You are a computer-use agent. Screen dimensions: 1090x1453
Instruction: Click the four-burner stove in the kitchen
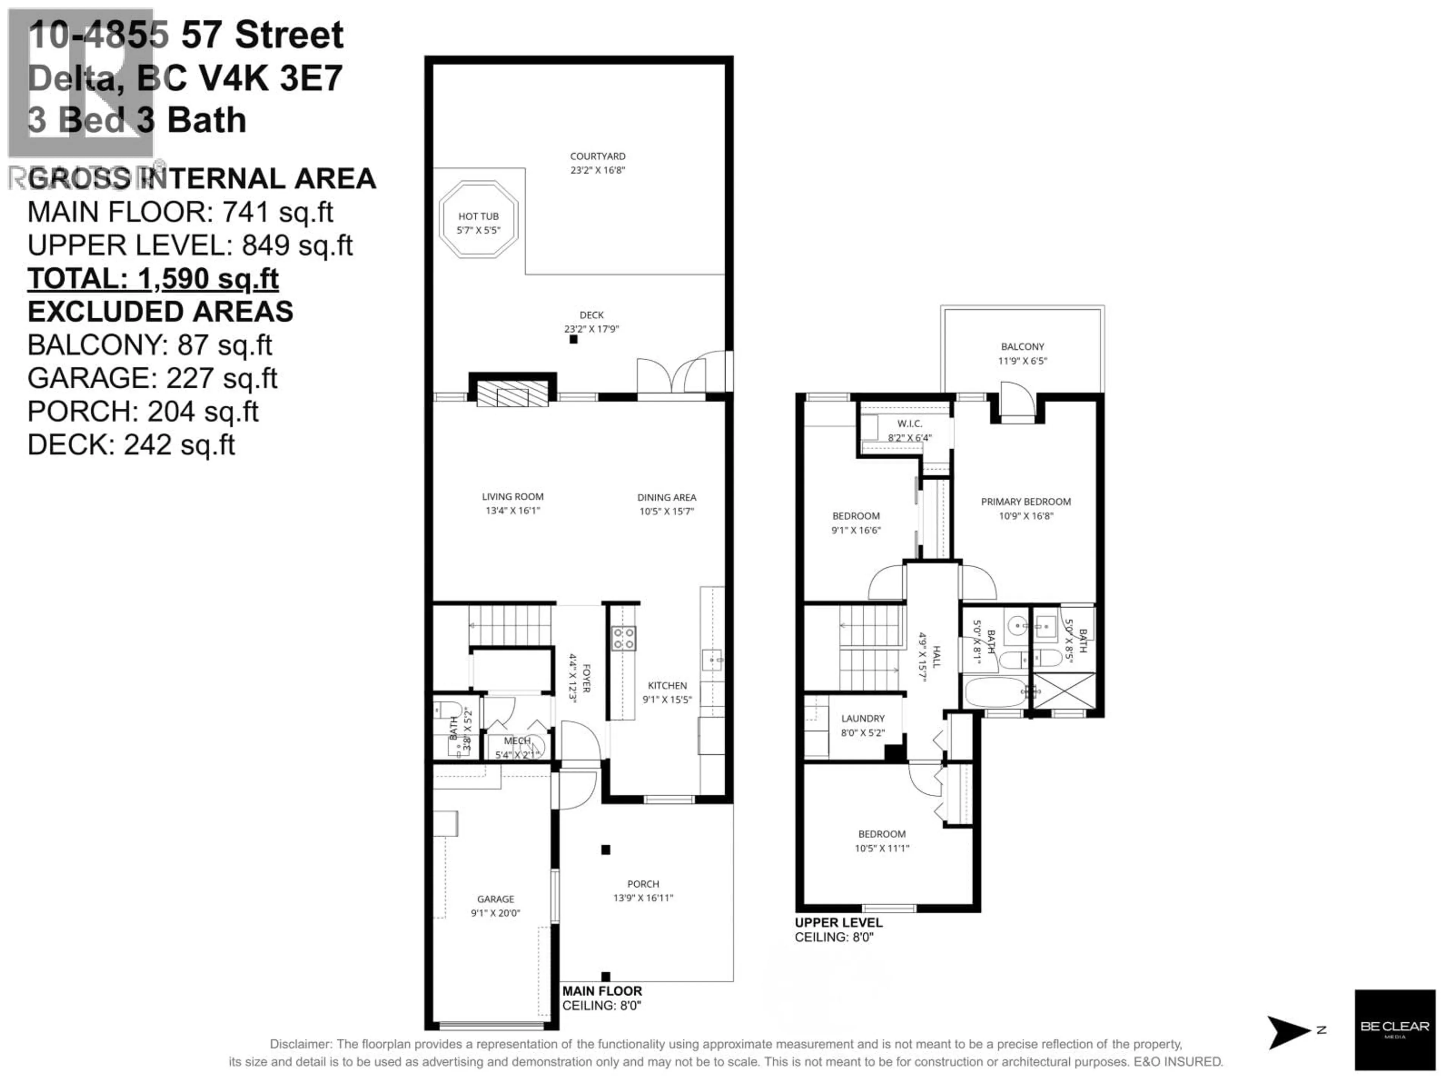click(x=623, y=638)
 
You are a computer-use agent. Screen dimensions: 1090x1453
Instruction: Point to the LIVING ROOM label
click(x=512, y=497)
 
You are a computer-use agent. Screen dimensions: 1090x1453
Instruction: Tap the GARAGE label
click(x=495, y=899)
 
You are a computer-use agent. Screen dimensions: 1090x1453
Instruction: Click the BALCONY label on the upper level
click(x=1022, y=346)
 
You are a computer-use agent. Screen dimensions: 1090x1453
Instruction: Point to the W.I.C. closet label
click(x=909, y=424)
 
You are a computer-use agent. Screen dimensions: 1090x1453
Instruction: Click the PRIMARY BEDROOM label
click(x=1025, y=501)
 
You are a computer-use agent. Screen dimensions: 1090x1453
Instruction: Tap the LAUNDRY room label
click(x=862, y=718)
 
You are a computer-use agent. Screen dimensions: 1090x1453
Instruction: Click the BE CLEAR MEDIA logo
click(x=1394, y=1029)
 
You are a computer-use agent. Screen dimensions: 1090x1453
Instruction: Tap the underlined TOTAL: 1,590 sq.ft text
click(x=152, y=279)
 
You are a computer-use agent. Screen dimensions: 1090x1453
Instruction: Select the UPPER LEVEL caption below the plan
click(x=838, y=922)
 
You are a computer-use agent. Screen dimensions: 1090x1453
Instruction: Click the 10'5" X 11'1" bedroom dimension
click(x=882, y=848)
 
